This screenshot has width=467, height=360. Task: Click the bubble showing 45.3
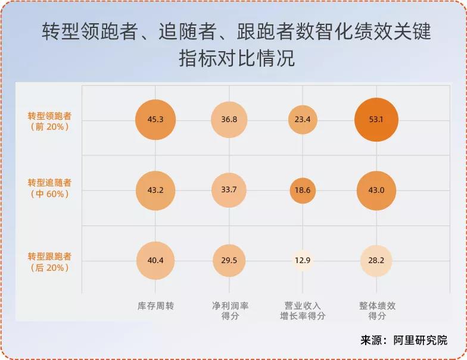tap(155, 120)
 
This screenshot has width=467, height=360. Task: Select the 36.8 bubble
tap(229, 120)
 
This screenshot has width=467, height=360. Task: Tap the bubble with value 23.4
tap(303, 120)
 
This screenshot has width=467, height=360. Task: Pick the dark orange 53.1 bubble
tap(376, 120)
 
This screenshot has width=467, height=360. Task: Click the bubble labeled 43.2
tap(155, 190)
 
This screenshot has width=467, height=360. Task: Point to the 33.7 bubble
tap(229, 190)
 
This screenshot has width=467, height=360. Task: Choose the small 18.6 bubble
tap(303, 190)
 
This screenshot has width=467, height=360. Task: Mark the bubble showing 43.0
tap(376, 190)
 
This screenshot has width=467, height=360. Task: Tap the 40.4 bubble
tap(155, 261)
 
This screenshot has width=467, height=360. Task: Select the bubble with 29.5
tap(229, 261)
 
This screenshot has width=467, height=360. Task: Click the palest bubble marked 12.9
tap(303, 261)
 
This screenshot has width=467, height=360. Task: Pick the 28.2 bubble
tap(376, 261)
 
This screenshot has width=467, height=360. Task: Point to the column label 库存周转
tap(155, 306)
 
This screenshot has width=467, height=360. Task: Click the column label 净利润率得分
tap(230, 311)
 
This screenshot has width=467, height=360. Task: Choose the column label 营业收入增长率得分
tap(303, 311)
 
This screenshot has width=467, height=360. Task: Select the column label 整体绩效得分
tap(377, 311)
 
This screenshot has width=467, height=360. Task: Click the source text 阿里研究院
tap(420, 341)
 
